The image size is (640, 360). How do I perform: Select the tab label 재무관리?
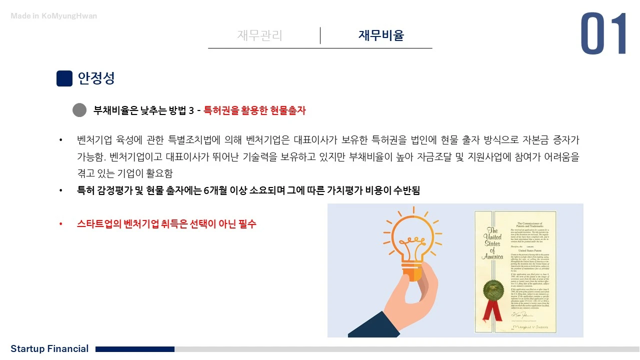pyautogui.click(x=259, y=35)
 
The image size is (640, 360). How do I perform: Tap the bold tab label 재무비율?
pyautogui.click(x=381, y=35)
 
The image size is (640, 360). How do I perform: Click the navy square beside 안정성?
pyautogui.click(x=64, y=78)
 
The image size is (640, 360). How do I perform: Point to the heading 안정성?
pyautogui.click(x=96, y=78)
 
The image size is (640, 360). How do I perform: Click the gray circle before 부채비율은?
pyautogui.click(x=79, y=110)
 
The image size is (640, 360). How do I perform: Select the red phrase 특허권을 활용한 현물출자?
pyautogui.click(x=254, y=110)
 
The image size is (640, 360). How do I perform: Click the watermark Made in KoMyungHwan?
pyautogui.click(x=54, y=16)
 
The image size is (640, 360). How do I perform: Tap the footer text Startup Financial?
pyautogui.click(x=49, y=348)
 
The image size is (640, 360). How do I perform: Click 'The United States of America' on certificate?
pyautogui.click(x=492, y=244)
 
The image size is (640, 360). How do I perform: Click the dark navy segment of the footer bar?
pyautogui.click(x=135, y=349)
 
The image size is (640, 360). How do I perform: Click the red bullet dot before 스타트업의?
pyautogui.click(x=61, y=224)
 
